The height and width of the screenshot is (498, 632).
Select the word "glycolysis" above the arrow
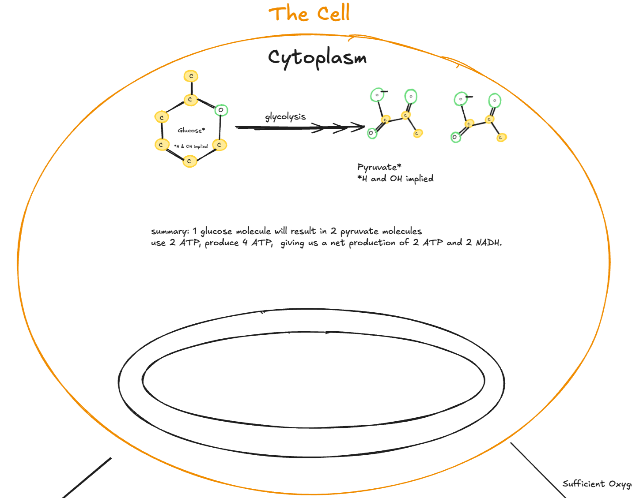285,116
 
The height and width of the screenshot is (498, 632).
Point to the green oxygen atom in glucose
221,110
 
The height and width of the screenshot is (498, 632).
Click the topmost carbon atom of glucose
191,76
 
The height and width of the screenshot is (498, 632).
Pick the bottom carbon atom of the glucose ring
189,161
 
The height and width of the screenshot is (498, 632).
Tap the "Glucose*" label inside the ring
191,130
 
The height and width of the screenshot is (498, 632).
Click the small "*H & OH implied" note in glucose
191,146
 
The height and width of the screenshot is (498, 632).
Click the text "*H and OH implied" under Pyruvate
395,179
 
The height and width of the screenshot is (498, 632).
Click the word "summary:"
170,232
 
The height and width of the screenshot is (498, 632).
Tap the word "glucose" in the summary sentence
216,232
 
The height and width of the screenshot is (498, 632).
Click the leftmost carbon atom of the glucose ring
162,117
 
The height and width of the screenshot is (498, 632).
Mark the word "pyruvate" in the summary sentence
359,232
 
